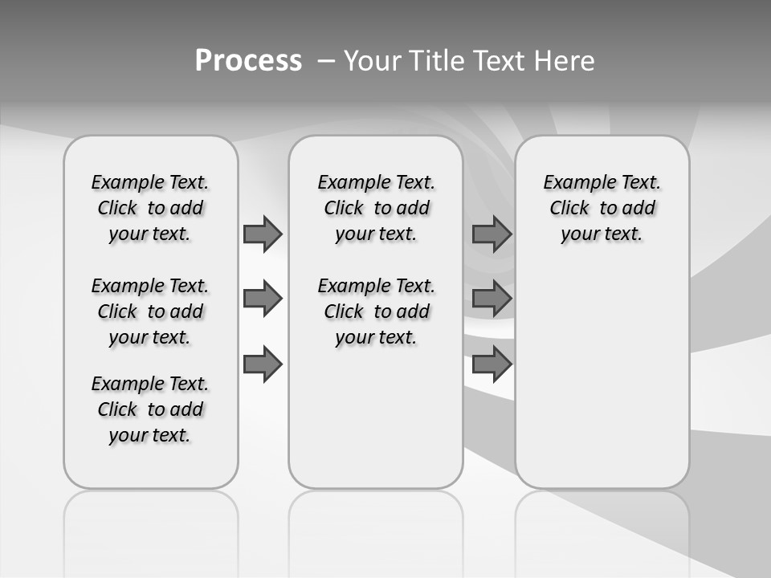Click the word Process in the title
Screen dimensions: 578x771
[248, 61]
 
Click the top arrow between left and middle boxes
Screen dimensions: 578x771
[263, 234]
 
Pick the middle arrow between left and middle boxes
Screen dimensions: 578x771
[263, 299]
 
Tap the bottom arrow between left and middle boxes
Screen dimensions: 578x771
[263, 364]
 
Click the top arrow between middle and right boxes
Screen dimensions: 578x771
[492, 234]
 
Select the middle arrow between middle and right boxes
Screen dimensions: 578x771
[492, 299]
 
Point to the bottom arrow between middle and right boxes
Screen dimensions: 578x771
[492, 364]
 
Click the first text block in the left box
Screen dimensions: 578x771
[150, 208]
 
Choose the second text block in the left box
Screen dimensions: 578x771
[150, 311]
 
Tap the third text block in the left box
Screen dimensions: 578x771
[150, 409]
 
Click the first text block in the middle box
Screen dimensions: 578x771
[376, 208]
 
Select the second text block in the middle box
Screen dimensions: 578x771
[376, 311]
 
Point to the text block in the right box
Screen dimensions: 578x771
[602, 208]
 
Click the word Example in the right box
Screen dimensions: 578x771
[573, 183]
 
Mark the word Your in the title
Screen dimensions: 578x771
[371, 61]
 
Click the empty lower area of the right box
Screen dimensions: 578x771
[602, 377]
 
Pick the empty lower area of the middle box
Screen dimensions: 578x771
[376, 417]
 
